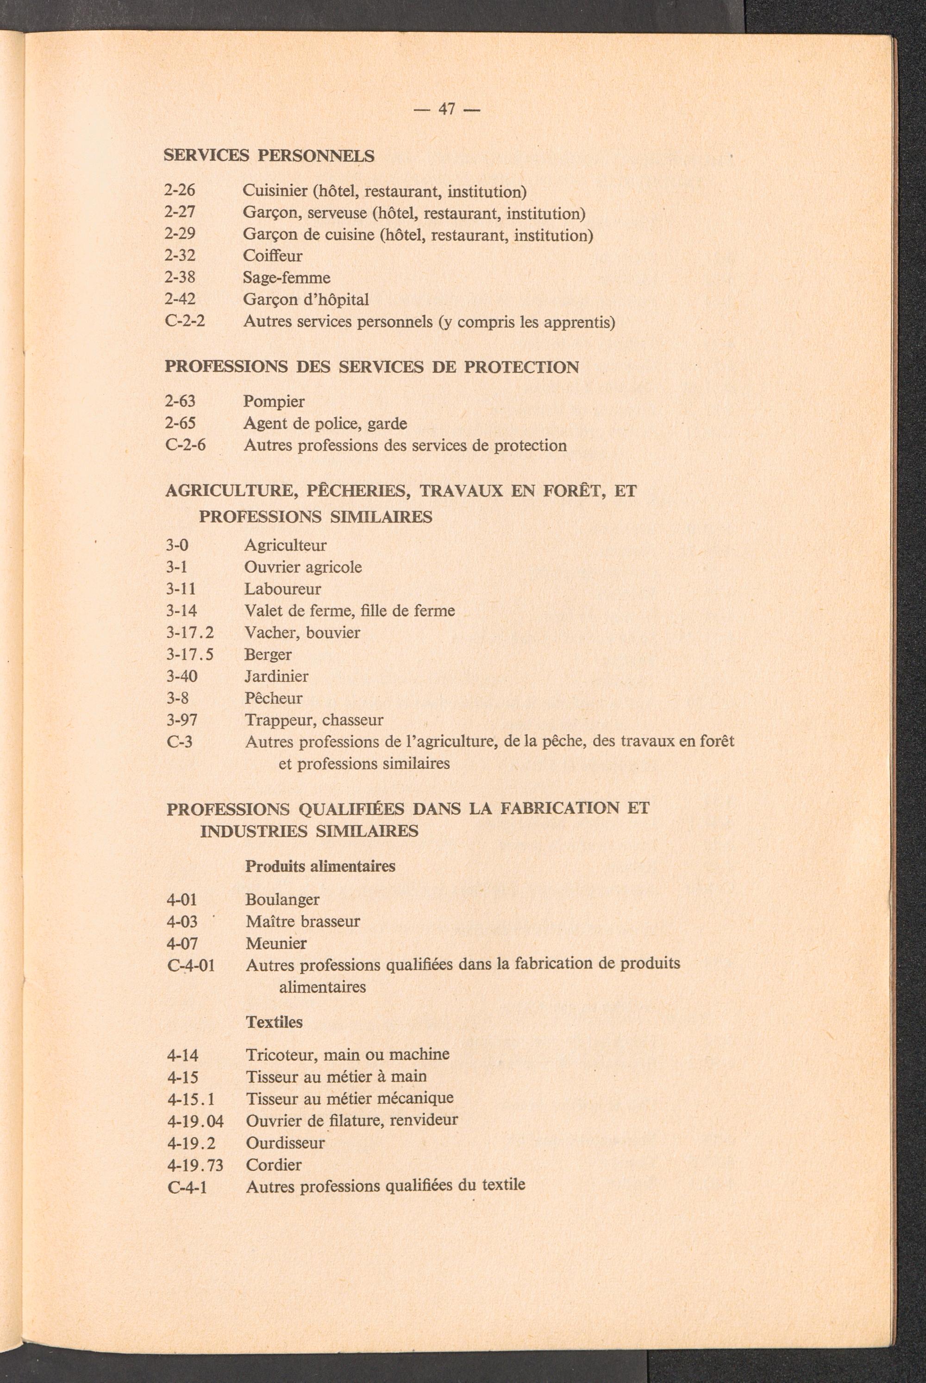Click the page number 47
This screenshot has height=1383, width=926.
click(x=446, y=109)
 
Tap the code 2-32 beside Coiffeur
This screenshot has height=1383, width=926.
click(x=180, y=256)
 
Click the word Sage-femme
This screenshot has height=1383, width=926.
click(x=287, y=278)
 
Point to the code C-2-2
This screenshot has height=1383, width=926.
click(x=184, y=322)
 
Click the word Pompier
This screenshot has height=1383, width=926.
click(x=274, y=402)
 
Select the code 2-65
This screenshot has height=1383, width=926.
click(x=180, y=424)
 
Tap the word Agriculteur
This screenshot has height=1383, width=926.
click(x=285, y=545)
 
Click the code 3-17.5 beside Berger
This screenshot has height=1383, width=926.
click(x=189, y=654)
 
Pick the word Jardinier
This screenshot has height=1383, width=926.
click(x=276, y=676)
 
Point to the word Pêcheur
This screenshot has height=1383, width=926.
click(x=274, y=698)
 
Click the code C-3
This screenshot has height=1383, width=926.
click(x=180, y=742)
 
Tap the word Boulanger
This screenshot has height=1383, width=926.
click(x=282, y=900)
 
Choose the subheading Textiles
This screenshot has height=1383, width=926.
click(x=274, y=1022)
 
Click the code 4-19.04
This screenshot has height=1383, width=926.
click(x=195, y=1121)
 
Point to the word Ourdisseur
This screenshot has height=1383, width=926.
click(x=285, y=1142)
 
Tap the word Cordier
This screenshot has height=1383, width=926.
click(x=274, y=1164)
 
